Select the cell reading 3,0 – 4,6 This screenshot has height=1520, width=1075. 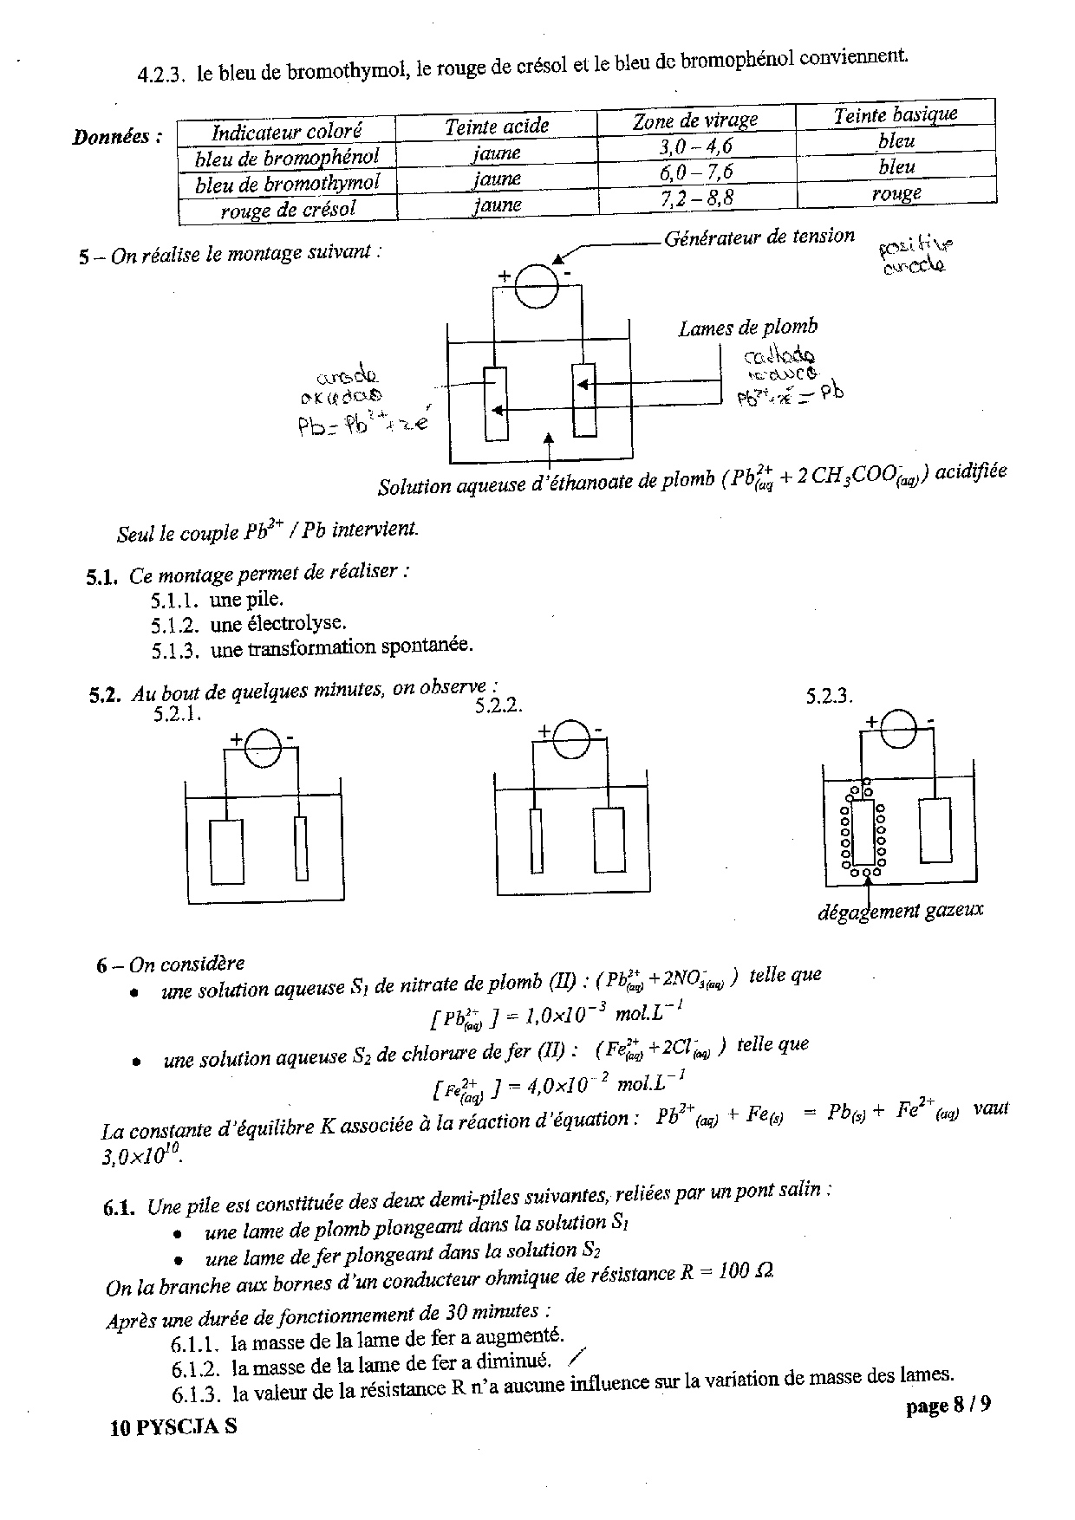coord(695,146)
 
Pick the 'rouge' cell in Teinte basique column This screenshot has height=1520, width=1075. coord(896,193)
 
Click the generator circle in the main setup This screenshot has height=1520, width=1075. coord(537,284)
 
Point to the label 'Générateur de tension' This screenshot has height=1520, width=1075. coord(759,237)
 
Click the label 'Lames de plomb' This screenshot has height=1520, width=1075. coord(747,328)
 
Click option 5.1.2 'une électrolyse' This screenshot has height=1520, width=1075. coord(277,623)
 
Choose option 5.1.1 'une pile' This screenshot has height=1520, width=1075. coord(246,599)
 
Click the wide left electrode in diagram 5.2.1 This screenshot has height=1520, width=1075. coord(226,850)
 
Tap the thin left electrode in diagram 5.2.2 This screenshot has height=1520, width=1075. coord(537,840)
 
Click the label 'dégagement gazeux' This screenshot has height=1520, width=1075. coord(900,910)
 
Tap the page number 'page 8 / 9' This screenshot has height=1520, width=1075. coord(948,1406)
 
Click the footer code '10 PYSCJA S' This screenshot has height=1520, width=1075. coord(173,1428)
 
